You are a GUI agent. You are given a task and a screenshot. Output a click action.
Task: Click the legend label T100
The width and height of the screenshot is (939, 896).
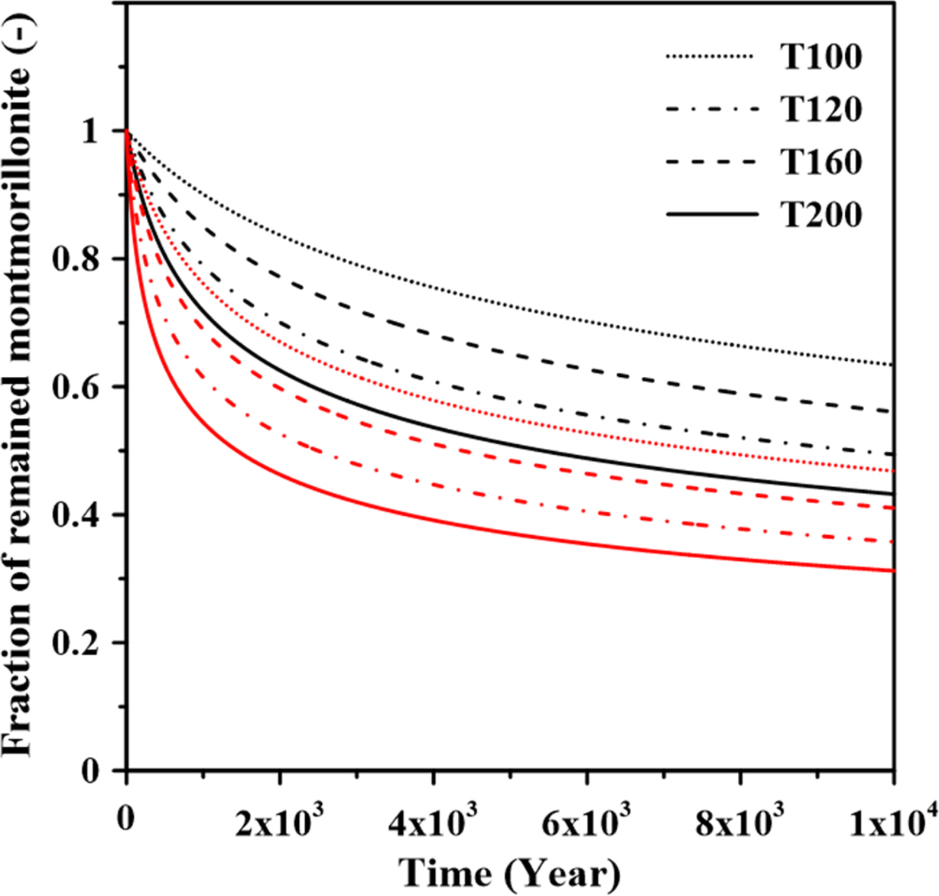click(x=821, y=57)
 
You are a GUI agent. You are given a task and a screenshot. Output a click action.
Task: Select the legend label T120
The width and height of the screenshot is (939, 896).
click(x=821, y=110)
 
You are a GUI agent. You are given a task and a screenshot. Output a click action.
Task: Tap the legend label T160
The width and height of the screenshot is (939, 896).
click(x=821, y=162)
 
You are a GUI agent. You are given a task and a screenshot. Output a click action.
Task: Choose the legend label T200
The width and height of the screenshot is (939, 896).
click(x=821, y=215)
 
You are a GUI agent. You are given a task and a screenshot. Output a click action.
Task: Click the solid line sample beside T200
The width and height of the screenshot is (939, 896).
click(x=712, y=215)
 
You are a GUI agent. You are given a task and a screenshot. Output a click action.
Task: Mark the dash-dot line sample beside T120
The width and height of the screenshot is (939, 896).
click(x=712, y=110)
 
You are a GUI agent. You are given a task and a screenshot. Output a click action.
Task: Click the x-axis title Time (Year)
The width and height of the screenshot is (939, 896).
click(x=509, y=872)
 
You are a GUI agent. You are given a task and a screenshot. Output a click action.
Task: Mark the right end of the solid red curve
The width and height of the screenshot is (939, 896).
click(x=893, y=570)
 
